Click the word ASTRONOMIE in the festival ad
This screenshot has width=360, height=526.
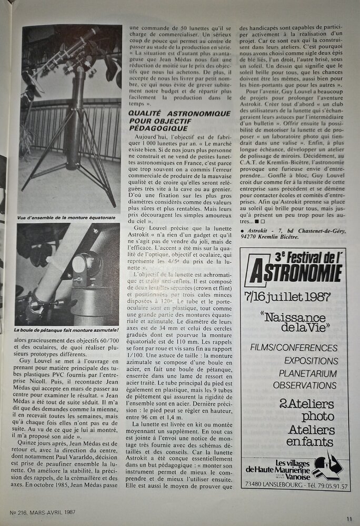pos(296,274)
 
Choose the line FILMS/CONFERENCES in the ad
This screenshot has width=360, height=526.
pos(294,348)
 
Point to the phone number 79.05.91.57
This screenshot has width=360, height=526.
pos(323,486)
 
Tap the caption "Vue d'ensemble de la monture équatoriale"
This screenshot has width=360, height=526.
pos(66,216)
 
